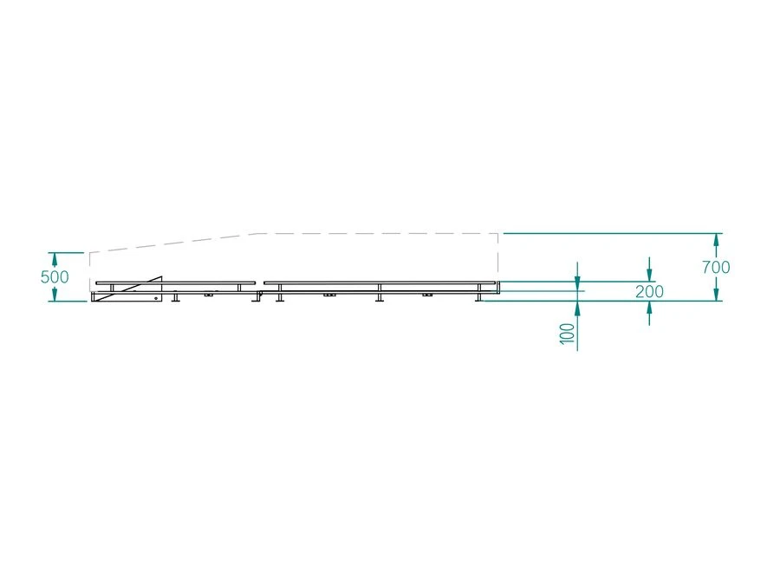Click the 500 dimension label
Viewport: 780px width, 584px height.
click(55, 276)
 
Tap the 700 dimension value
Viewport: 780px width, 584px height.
click(716, 267)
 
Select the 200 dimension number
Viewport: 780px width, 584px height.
click(649, 291)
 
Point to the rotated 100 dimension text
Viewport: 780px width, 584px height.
click(567, 333)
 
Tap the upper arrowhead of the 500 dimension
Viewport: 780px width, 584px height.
click(55, 258)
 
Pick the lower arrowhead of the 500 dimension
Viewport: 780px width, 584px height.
click(55, 295)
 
